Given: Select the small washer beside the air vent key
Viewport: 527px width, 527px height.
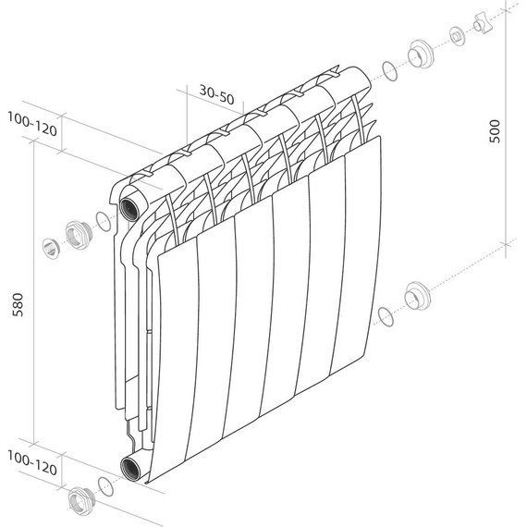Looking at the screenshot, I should coord(457,36).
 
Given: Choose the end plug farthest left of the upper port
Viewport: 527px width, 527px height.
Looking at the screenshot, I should coord(51,247).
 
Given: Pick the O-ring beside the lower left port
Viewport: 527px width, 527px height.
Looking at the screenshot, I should coord(104,485).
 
